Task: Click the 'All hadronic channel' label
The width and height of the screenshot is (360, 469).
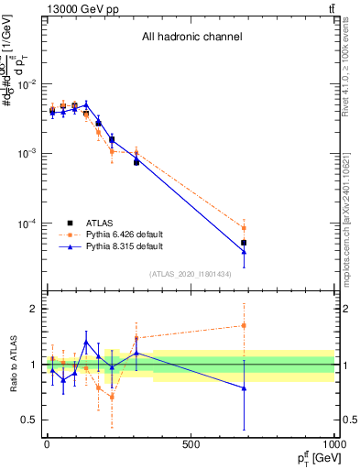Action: point(191,38)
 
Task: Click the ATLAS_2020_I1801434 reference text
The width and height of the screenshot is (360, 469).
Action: point(191,274)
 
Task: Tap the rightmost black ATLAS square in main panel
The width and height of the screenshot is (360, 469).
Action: point(244,243)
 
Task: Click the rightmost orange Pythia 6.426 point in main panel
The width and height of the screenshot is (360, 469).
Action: point(244,228)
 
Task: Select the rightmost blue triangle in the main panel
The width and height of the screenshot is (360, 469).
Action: point(244,252)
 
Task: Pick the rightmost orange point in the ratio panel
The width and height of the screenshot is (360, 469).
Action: point(244,325)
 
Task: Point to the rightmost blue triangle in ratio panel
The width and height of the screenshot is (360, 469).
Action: point(244,388)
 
